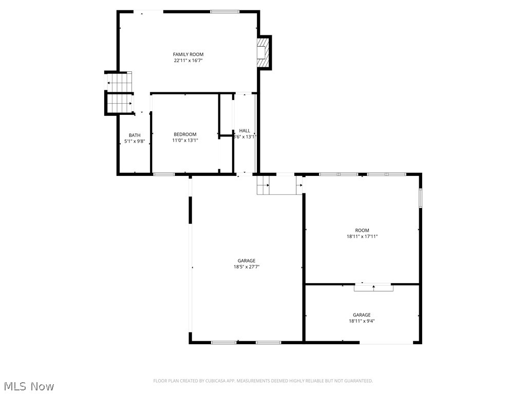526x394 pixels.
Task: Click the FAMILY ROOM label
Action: tap(188, 54)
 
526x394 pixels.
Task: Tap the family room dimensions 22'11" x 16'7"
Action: tap(188, 61)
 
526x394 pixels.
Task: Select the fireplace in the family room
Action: tap(263, 52)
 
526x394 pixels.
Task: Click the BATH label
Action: tap(135, 135)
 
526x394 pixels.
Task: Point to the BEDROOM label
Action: tap(185, 134)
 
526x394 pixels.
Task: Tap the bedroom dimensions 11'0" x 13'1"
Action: tap(185, 141)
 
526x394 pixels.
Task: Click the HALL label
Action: tap(245, 131)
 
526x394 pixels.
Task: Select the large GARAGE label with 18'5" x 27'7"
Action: tap(247, 261)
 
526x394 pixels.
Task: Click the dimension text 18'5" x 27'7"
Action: tap(247, 267)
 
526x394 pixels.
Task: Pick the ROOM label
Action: tap(362, 230)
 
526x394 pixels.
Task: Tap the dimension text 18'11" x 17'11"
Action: tap(362, 237)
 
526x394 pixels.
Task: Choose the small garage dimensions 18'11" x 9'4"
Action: tap(362, 321)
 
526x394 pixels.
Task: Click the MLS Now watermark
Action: tap(28, 386)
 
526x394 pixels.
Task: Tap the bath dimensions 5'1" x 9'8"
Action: tap(135, 141)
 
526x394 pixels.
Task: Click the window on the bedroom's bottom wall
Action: tap(164, 174)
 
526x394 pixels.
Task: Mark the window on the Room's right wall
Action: tap(420, 198)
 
